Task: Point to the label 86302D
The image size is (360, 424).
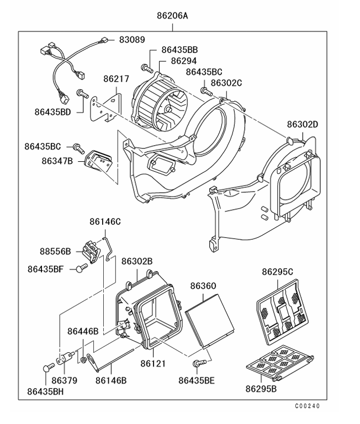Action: pyautogui.click(x=302, y=124)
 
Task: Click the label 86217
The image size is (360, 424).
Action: pyautogui.click(x=116, y=79)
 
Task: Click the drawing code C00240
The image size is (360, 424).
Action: pyautogui.click(x=306, y=406)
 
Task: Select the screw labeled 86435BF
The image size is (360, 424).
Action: pyautogui.click(x=83, y=268)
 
